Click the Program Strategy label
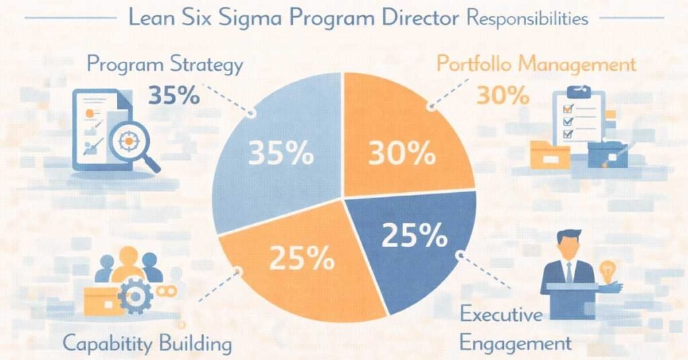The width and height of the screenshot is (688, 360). [x=165, y=65]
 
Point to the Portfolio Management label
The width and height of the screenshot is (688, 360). [x=535, y=65]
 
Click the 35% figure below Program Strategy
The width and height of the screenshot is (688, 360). [x=173, y=95]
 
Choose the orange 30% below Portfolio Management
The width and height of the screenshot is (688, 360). [x=503, y=95]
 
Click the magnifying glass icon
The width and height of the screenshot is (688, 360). [x=132, y=142]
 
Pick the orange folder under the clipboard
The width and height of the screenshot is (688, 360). [x=549, y=154]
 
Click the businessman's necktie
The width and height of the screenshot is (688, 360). [x=568, y=272]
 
